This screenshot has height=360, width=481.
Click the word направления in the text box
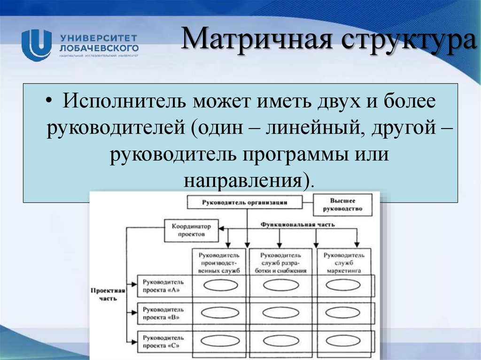243,180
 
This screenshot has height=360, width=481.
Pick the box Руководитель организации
244,203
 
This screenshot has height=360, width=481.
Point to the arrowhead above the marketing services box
357,245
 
